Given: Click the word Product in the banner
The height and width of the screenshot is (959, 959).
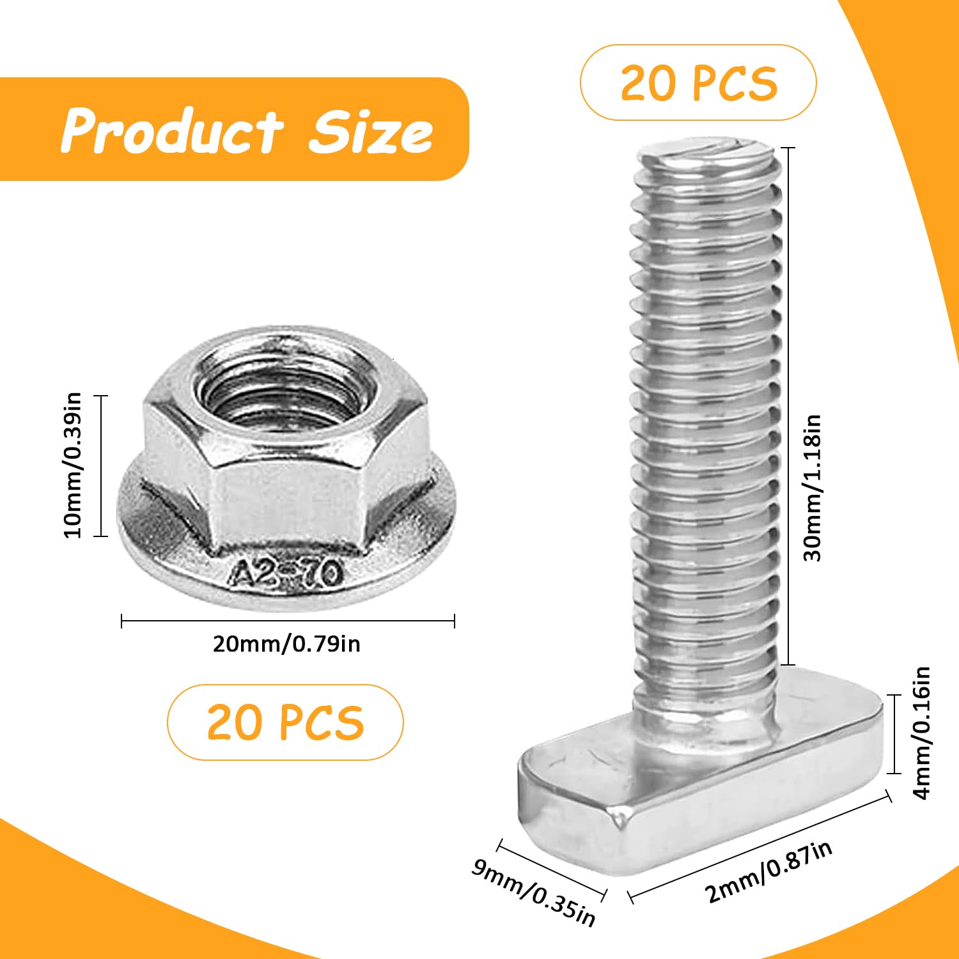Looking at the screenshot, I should coord(171,132).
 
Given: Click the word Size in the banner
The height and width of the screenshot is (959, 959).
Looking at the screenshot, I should coord(371,132).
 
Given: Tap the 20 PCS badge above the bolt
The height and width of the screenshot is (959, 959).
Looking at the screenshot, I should coord(698,82).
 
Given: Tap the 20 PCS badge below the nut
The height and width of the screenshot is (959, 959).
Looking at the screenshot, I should coord(285,722).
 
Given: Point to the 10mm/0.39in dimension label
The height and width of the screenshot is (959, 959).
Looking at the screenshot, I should coord(74,465).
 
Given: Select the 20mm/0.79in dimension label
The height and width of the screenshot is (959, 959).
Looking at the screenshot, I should coord(286,643).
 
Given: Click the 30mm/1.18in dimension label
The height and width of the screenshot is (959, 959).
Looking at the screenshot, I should coord(812,488).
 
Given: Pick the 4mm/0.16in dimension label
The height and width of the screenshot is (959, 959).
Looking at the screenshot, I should coord(922,733).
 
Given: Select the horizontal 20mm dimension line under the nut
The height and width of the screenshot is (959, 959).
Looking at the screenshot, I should coord(288,620).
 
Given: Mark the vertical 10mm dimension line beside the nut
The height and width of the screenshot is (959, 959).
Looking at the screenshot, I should coord(100,465).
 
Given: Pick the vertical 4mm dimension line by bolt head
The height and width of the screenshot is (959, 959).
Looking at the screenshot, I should coord(894,733).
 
